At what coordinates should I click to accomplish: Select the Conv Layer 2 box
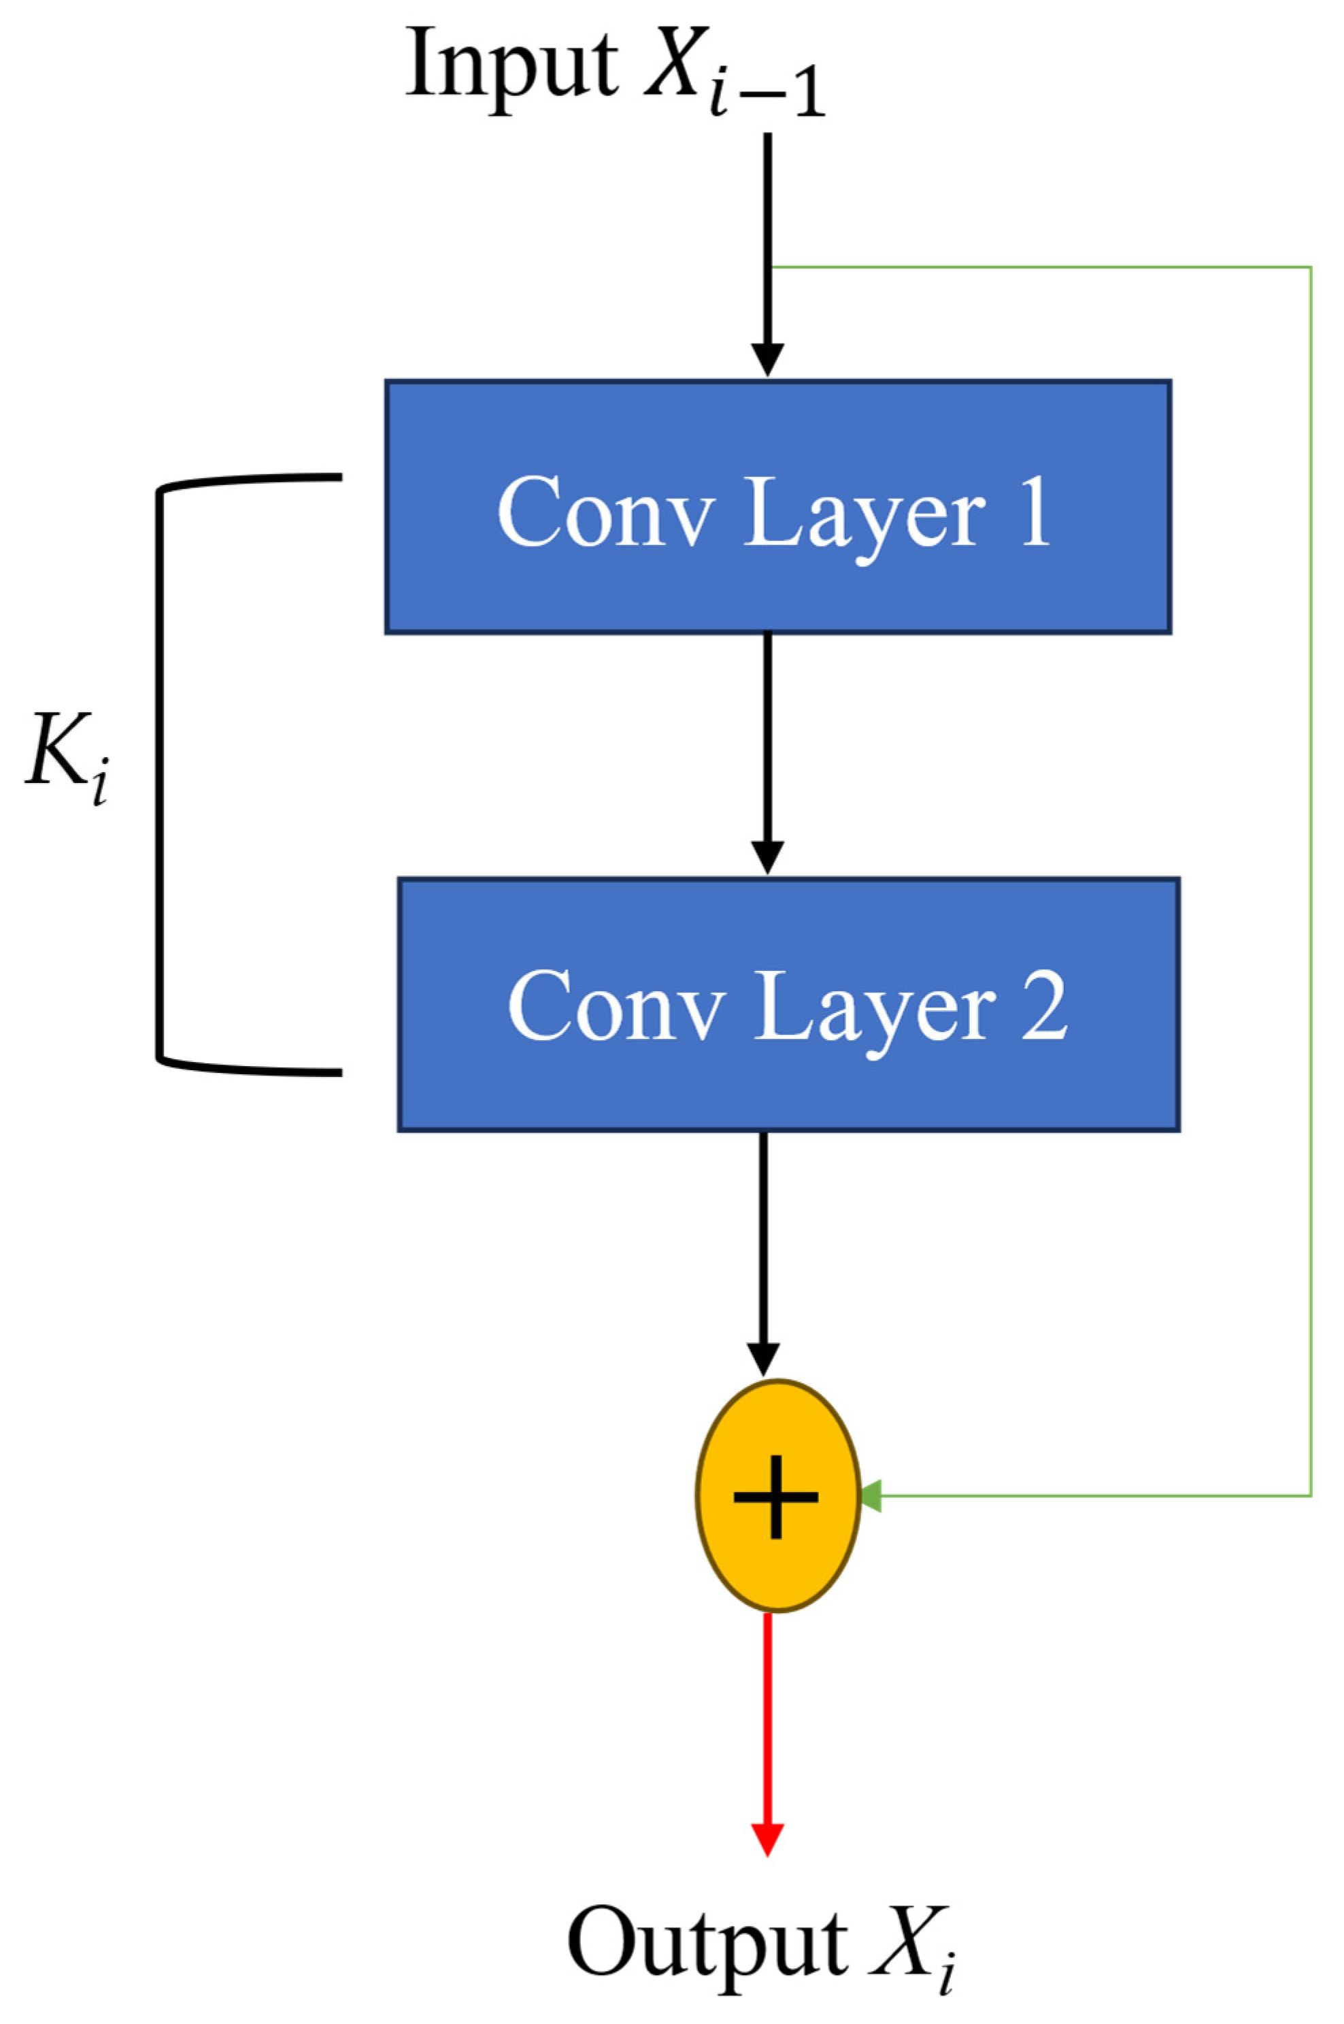point(788,1004)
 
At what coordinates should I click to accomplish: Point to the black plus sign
point(775,1497)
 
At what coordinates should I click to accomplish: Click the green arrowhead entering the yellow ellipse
point(869,1497)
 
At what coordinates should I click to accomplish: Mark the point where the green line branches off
point(771,267)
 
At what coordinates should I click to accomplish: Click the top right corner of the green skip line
point(1311,267)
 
